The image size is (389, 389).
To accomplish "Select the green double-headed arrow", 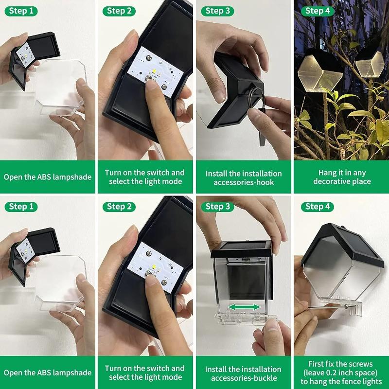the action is (244, 307).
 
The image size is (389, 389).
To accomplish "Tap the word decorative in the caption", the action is (331, 181).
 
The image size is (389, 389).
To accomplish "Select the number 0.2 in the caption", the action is (338, 372).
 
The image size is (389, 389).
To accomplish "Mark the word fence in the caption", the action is (351, 381).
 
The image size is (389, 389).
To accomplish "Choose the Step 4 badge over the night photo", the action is (318, 11).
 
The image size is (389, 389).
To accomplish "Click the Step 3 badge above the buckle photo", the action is (217, 207).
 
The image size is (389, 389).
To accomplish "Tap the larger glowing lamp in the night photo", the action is (320, 70).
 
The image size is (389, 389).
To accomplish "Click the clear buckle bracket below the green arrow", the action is (246, 318).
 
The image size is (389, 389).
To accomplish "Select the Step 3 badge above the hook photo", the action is (217, 11).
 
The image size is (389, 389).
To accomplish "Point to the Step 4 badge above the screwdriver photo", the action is (318, 207).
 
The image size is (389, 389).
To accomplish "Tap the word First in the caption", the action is (316, 364).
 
